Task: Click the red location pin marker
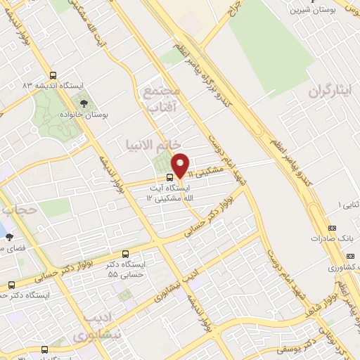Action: pyautogui.click(x=181, y=165)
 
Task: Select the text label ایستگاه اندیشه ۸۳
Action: pyautogui.click(x=53, y=85)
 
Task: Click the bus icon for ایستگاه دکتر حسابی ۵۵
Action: pyautogui.click(x=125, y=254)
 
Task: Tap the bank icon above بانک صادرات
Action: pyautogui.click(x=333, y=228)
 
